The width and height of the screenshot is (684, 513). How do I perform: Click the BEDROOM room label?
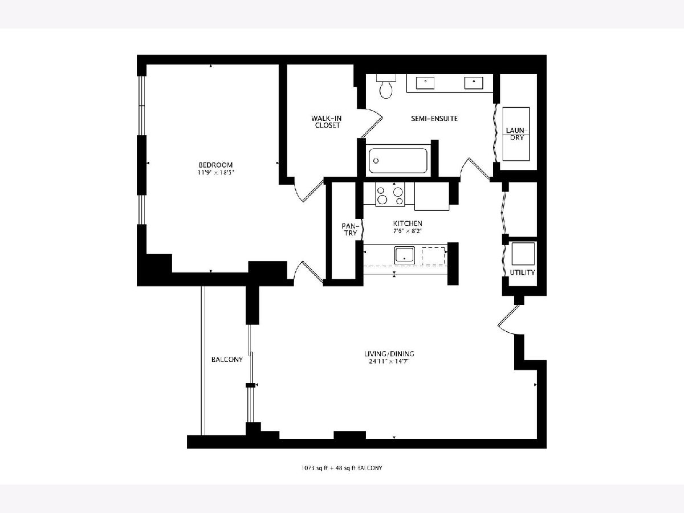(215, 165)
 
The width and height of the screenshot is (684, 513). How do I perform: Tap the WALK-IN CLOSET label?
(327, 122)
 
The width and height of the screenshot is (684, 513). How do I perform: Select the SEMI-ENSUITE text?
(434, 119)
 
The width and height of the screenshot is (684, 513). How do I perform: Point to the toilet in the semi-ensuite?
(386, 86)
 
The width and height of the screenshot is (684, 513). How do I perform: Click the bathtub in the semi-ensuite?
(398, 160)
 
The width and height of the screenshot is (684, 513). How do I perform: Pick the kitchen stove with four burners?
(390, 194)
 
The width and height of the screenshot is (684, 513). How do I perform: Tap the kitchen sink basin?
(405, 255)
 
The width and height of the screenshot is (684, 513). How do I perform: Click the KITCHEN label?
(408, 223)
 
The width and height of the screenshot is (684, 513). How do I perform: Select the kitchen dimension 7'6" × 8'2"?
(408, 231)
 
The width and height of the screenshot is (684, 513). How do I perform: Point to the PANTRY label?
(351, 230)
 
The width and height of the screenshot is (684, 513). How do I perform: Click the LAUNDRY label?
(516, 134)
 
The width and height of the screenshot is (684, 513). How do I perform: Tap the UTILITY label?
(522, 272)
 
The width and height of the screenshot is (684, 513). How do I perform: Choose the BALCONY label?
(227, 360)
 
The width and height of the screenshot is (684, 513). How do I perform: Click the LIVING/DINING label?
(389, 354)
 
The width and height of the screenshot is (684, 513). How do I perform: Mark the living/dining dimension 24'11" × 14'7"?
(389, 361)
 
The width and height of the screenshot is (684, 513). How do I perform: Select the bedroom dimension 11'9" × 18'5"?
(215, 173)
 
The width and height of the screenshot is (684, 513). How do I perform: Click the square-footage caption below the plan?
(341, 468)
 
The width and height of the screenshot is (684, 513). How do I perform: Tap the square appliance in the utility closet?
(523, 254)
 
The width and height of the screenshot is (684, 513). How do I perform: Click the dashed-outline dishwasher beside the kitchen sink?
(433, 256)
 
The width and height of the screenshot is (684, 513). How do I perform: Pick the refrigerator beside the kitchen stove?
(431, 196)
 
